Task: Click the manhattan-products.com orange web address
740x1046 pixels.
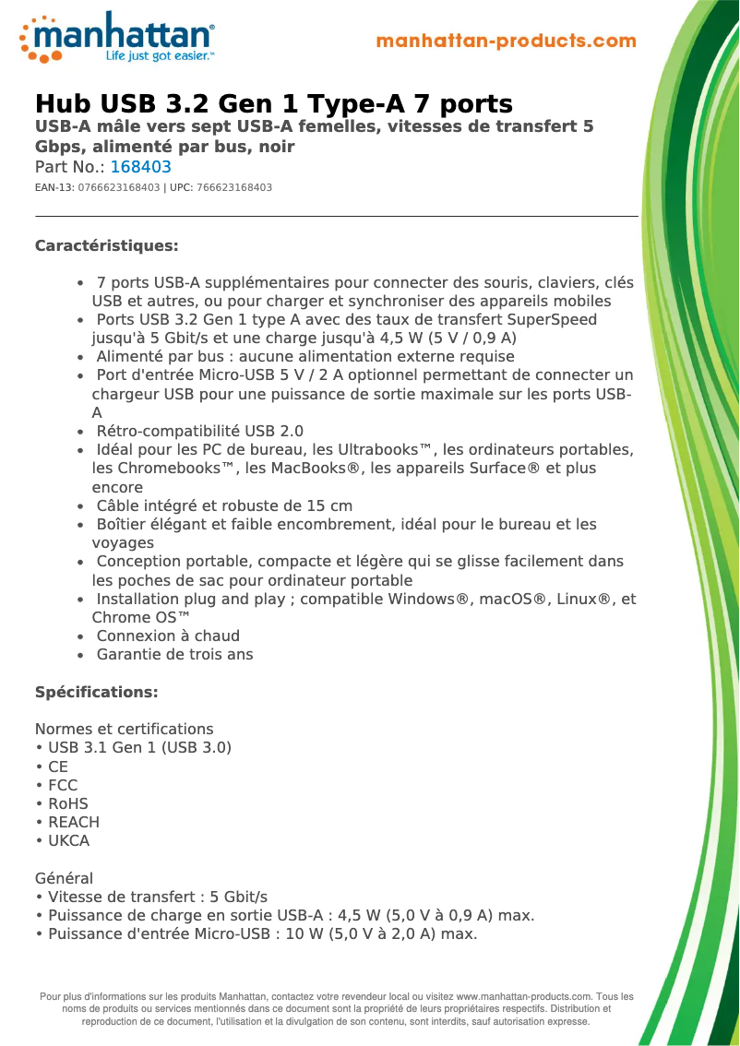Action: (506, 42)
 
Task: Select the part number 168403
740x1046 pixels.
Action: (140, 167)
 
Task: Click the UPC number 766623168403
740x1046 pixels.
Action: (234, 187)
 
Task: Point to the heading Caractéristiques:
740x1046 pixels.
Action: (106, 245)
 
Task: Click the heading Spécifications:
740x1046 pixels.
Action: (96, 692)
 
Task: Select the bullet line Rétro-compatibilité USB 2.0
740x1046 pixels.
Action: (199, 431)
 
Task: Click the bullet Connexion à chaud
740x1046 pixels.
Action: (168, 636)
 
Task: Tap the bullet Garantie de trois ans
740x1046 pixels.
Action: (174, 654)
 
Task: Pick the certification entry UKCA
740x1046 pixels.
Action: (68, 840)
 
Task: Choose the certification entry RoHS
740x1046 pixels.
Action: (67, 803)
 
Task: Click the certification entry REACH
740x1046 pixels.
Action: (73, 822)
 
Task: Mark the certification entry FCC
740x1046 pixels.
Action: (63, 785)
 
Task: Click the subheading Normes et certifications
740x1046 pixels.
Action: (124, 729)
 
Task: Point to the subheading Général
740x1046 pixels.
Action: (64, 878)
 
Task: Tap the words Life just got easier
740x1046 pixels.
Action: (159, 56)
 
